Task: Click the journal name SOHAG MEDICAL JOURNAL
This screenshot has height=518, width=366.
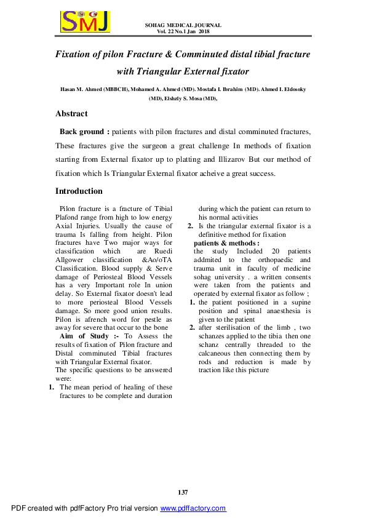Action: click(183, 25)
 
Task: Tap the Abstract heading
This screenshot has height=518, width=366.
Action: click(71, 114)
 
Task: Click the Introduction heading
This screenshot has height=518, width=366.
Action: click(79, 191)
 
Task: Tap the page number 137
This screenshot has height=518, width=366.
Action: click(183, 492)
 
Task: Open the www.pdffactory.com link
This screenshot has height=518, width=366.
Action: click(193, 509)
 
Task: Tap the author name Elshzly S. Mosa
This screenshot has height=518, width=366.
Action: click(183, 98)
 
